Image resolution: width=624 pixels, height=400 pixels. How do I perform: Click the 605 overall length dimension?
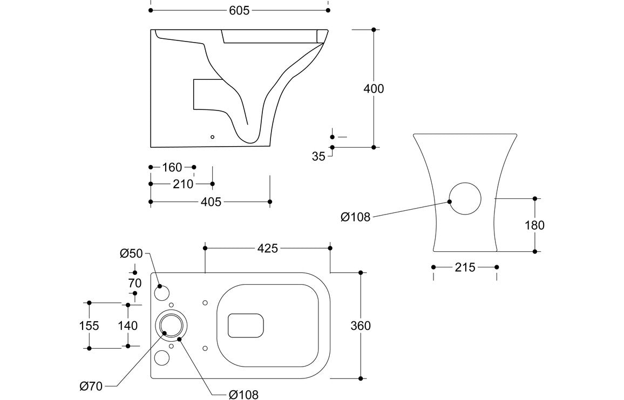pyautogui.click(x=239, y=10)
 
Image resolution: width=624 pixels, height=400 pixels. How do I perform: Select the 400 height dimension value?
pyautogui.click(x=374, y=88)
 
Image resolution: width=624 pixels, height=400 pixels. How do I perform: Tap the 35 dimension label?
pyautogui.click(x=319, y=156)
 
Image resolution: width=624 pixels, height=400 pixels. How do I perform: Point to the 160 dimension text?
pyautogui.click(x=172, y=168)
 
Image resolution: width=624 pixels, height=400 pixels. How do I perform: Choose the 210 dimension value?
pyautogui.click(x=183, y=184)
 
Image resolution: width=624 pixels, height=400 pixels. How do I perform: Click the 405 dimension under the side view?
pyautogui.click(x=211, y=202)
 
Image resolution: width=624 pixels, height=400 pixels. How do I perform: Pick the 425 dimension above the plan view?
pyautogui.click(x=267, y=248)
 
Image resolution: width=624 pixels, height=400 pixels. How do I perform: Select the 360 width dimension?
pyautogui.click(x=361, y=326)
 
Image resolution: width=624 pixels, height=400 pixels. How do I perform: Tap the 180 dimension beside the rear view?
pyautogui.click(x=534, y=225)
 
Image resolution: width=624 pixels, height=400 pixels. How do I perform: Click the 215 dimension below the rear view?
pyautogui.click(x=465, y=267)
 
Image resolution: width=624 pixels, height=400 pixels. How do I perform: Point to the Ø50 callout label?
pyautogui.click(x=131, y=253)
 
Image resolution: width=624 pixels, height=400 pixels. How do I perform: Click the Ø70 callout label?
pyautogui.click(x=90, y=385)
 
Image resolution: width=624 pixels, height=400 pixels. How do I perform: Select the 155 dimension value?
pyautogui.click(x=89, y=326)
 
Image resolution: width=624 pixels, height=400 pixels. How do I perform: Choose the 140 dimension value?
pyautogui.click(x=127, y=326)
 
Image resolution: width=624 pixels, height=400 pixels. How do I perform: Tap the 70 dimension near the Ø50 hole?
pyautogui.click(x=135, y=283)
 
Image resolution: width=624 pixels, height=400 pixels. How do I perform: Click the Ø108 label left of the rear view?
pyautogui.click(x=355, y=217)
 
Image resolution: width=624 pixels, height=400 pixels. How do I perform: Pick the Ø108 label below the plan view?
pyautogui.click(x=243, y=395)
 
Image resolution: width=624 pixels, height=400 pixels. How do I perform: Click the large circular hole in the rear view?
pyautogui.click(x=465, y=198)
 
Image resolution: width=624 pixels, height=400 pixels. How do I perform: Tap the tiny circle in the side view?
pyautogui.click(x=212, y=137)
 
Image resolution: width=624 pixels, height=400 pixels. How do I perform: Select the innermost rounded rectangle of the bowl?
pyautogui.click(x=246, y=326)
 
